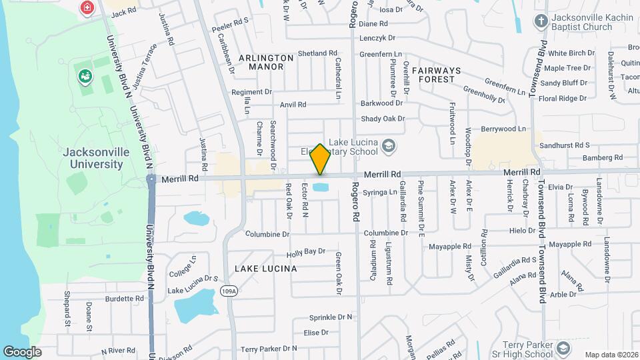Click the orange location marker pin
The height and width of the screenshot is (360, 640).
pos(320,159)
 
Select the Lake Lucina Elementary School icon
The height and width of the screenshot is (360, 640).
pos(389,145)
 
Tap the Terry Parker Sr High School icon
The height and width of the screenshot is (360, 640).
pos(563,348)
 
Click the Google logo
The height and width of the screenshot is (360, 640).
pos(21,351)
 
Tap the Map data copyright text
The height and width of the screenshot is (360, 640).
pos(611,355)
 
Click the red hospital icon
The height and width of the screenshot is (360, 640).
pos(86,8)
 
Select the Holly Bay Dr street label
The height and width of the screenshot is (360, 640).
pos(305,252)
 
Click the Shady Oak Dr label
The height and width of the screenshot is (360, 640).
pos(383,119)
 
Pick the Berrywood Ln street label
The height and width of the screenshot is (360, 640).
pos(503,129)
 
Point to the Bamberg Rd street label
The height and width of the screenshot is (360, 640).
pos(601,158)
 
